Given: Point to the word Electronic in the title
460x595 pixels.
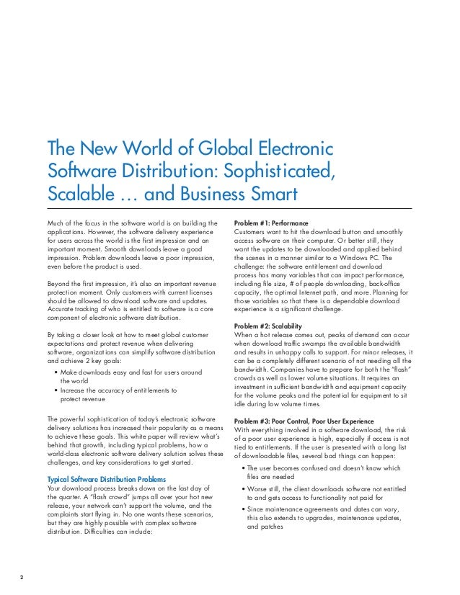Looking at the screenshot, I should (x=296, y=150).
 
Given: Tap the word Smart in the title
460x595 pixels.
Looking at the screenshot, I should (x=270, y=194).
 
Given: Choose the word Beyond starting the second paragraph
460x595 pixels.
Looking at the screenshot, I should (x=58, y=285).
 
